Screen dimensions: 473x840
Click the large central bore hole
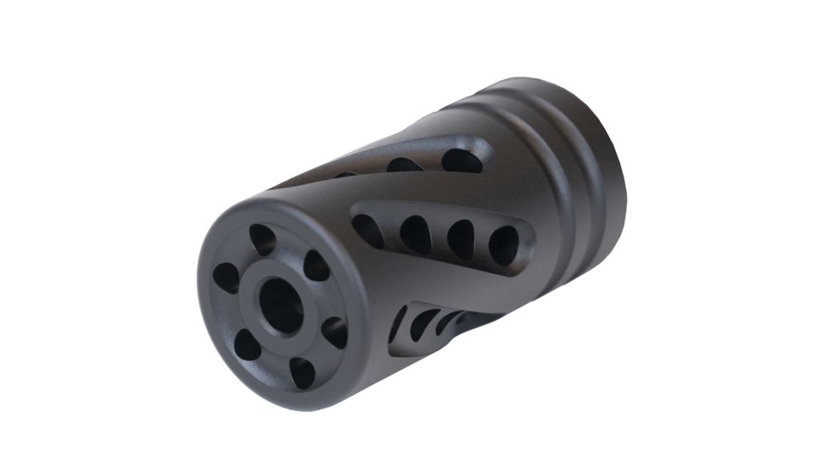tap(280, 306)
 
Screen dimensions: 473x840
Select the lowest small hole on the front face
tap(301, 372)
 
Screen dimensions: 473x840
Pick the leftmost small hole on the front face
tap(226, 277)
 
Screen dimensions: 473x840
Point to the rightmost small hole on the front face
tap(335, 332)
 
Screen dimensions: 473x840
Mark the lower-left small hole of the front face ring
tap(247, 345)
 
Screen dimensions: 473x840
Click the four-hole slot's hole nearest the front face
tap(368, 230)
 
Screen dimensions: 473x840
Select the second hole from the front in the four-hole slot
tap(415, 234)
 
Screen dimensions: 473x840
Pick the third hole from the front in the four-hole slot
tap(460, 239)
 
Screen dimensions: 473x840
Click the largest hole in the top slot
tap(461, 160)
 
